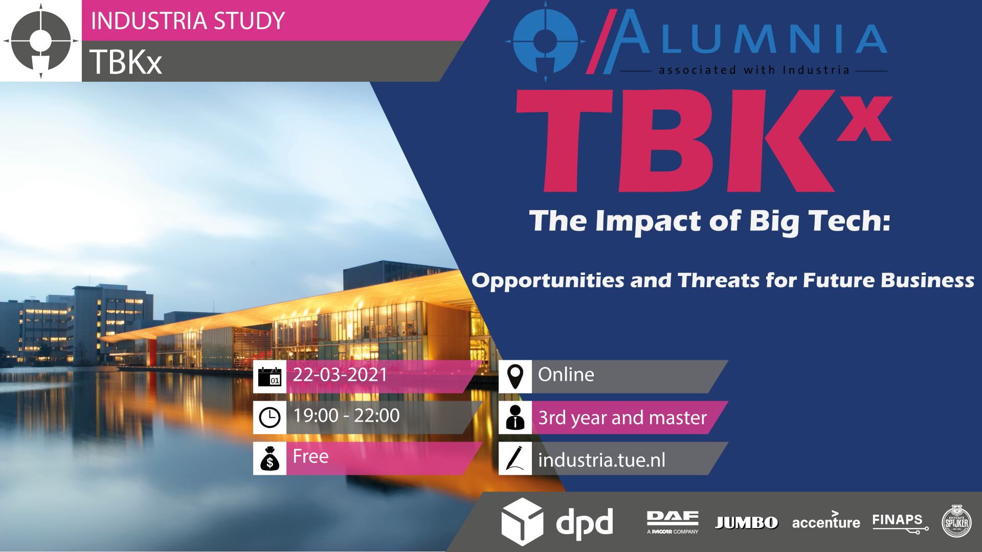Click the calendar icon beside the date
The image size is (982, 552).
270,377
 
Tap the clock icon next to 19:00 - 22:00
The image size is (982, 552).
270,418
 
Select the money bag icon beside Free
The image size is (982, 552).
270,458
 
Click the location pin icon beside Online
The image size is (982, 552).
515,377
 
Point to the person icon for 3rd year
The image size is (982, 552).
515,417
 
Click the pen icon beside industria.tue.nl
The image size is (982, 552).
515,458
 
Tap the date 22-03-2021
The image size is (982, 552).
340,375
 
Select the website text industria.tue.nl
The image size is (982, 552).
602,460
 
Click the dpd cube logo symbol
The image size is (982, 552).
522,522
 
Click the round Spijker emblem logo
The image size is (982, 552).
956,521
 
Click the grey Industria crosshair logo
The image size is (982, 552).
41,41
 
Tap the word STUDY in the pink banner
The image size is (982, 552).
249,21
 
